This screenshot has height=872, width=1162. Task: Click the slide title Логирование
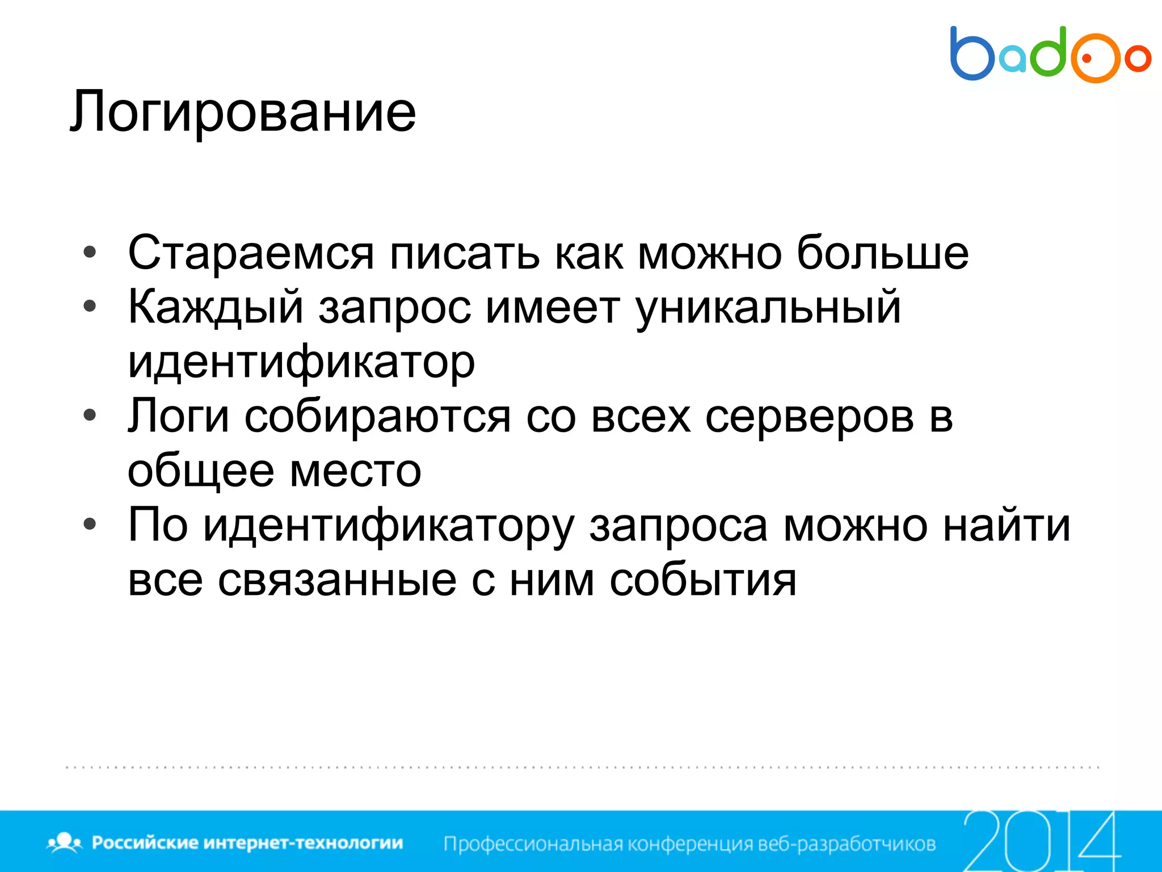click(243, 112)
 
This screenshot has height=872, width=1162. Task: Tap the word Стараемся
click(251, 253)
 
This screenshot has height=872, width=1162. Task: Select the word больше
click(882, 253)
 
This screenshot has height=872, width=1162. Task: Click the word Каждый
click(216, 307)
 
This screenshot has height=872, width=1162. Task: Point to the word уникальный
click(768, 307)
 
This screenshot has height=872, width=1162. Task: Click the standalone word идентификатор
click(301, 362)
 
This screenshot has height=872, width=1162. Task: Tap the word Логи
click(178, 416)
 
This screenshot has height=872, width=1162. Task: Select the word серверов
click(810, 416)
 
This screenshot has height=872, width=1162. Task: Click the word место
click(355, 471)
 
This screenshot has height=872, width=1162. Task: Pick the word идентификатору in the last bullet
click(389, 526)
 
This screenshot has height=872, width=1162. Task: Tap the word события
click(703, 580)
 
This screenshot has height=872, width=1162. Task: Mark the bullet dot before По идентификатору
click(90, 525)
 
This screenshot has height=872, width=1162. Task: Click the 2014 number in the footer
click(1041, 841)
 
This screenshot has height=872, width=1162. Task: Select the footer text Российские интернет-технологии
click(247, 842)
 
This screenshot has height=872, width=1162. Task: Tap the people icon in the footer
click(65, 842)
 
